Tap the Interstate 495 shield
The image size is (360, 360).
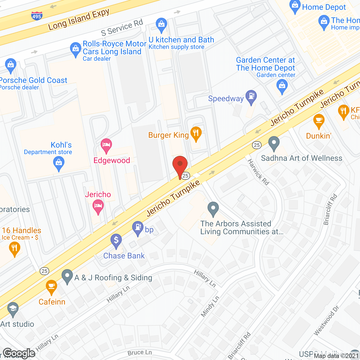[37, 16]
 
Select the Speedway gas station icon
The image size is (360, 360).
[251, 96]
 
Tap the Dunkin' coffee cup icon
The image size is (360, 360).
[319, 121]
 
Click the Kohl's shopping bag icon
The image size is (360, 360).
[59, 163]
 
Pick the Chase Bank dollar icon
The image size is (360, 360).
[116, 240]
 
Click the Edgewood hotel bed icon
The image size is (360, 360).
[106, 145]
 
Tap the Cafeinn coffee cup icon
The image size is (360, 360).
[51, 287]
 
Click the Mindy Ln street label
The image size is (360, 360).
[210, 306]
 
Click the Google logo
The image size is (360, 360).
[19, 353]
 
